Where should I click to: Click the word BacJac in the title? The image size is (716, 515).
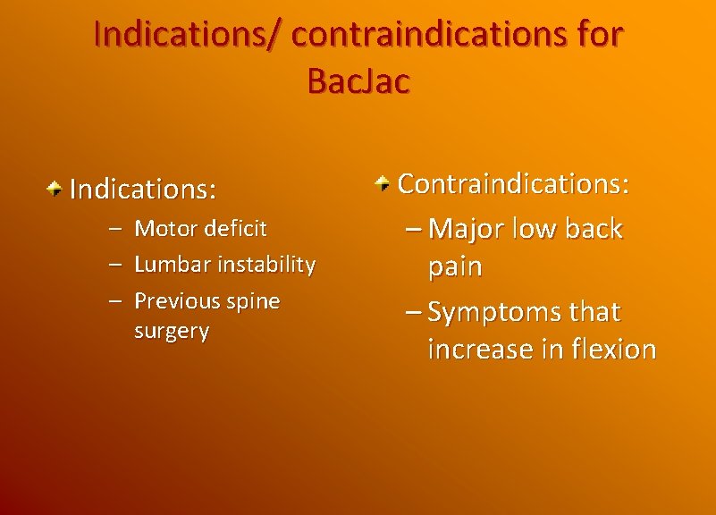pos(358,80)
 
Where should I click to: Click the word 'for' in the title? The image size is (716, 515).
pos(592,34)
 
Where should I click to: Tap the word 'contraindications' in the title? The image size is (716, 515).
pos(425,34)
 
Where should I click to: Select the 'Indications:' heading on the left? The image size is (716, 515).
pos(143,190)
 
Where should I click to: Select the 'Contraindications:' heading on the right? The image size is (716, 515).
pos(514,183)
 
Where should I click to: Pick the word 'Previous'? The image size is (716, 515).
pos(174,300)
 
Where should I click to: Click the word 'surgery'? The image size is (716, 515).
pos(172,331)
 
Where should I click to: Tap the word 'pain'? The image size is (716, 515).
pos(455,266)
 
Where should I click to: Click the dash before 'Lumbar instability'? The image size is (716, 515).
pos(115,265)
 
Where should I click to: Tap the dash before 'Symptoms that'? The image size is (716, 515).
pos(413,313)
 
